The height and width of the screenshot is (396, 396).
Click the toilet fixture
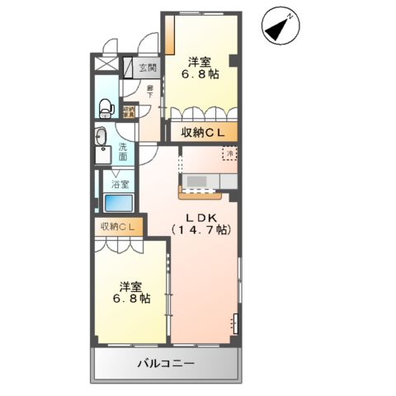click(x=104, y=106)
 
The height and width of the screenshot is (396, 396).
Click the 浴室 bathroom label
click(x=120, y=185)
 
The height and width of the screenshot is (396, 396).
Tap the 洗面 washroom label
click(x=123, y=151)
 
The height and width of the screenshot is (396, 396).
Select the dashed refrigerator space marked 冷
click(x=227, y=153)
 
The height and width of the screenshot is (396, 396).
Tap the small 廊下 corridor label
click(x=150, y=91)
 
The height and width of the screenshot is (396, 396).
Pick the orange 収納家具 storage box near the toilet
click(x=129, y=111)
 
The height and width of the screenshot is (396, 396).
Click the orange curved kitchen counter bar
click(x=200, y=195)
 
